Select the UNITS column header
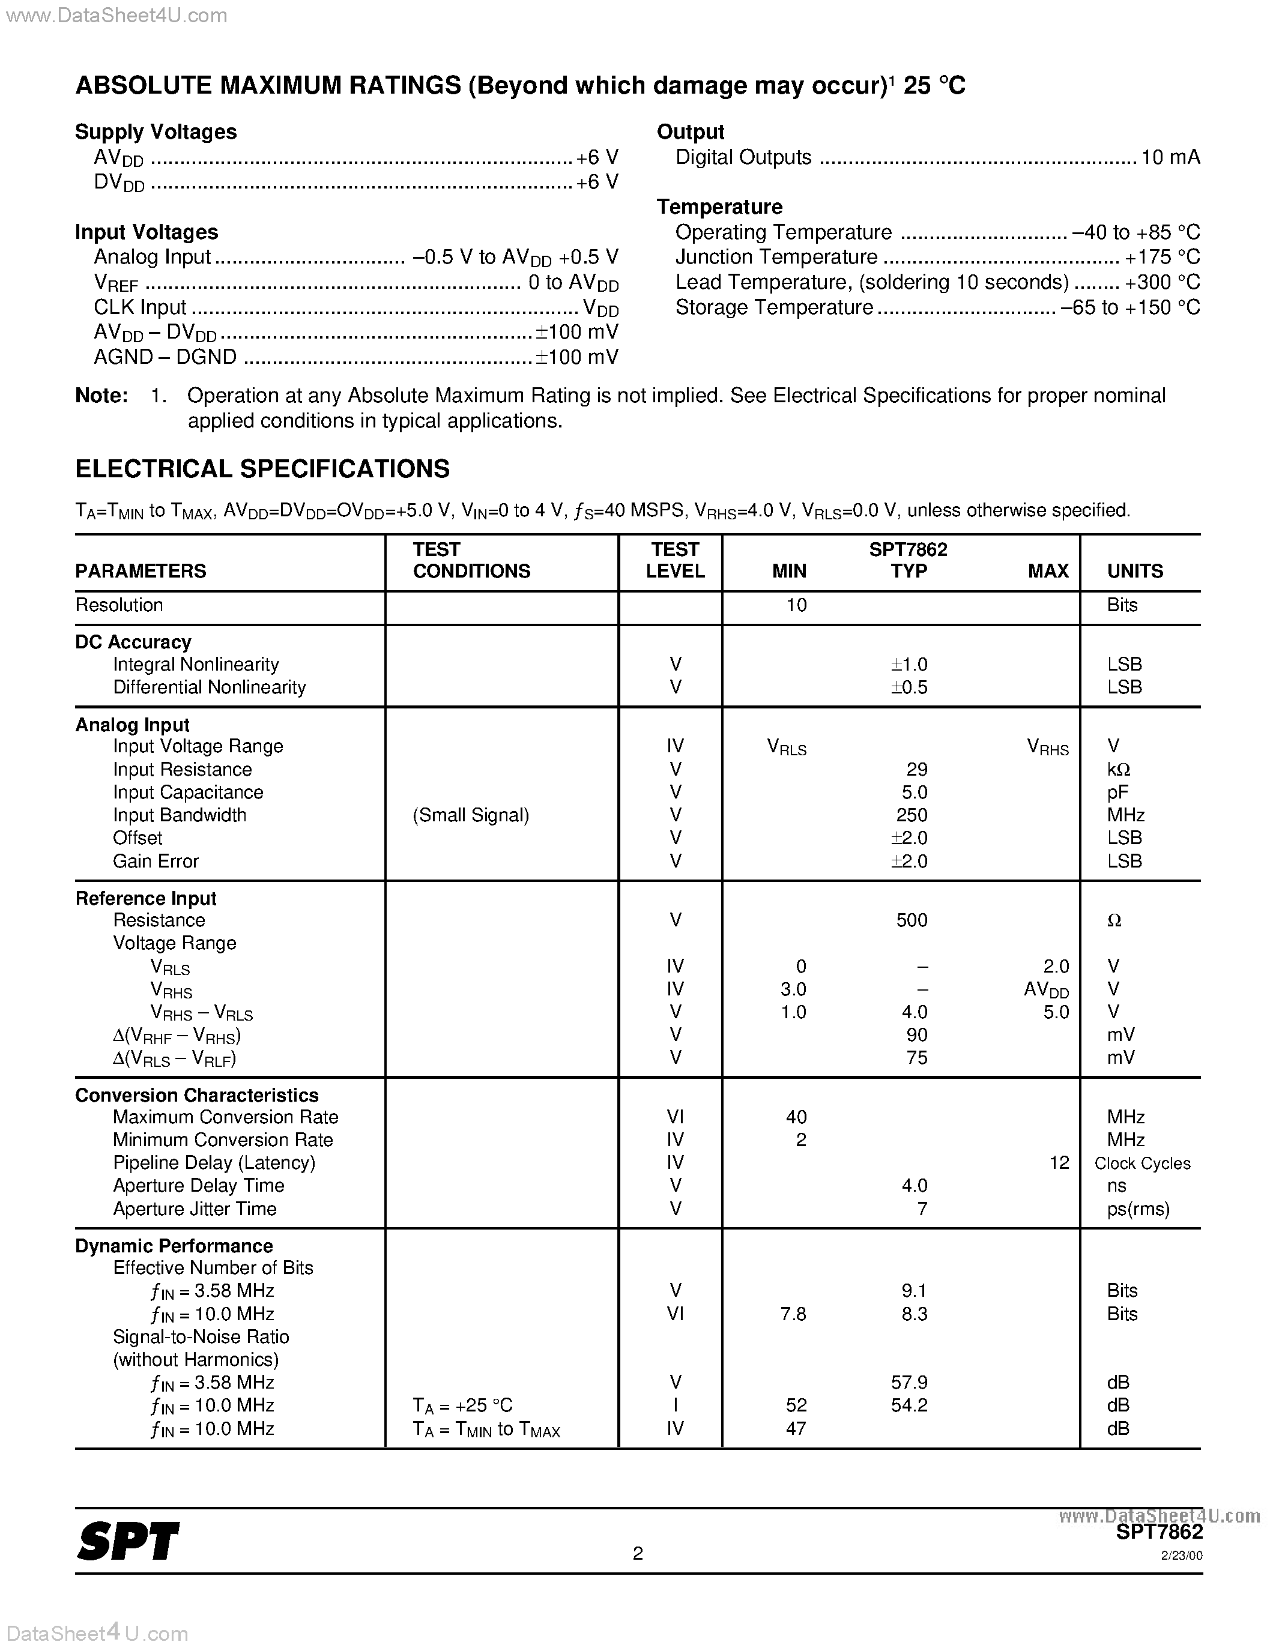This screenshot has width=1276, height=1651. coord(1135,572)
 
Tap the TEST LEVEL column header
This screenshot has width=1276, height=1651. coord(674,560)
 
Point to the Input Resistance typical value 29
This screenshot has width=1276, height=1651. coord(916,770)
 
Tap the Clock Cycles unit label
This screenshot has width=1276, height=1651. coord(1141,1164)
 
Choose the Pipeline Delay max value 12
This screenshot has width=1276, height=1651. coord(1059,1163)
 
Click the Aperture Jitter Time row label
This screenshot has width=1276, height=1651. coord(195,1209)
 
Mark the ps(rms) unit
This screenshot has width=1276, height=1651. coord(1138,1209)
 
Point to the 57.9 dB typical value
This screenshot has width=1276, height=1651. coord(909,1383)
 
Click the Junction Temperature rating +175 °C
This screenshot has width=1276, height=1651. coord(1162,257)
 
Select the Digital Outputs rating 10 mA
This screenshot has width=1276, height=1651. coord(1170,157)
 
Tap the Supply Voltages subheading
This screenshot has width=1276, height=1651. coord(156,132)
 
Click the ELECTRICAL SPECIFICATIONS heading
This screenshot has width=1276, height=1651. coord(262,469)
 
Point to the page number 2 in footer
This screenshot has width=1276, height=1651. coord(638,1554)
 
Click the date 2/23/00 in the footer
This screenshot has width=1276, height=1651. coord(1182,1556)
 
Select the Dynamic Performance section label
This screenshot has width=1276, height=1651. coord(174,1246)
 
